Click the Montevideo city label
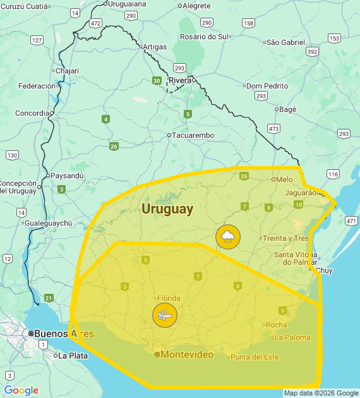tap(187, 355)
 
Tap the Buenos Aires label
tap(63, 334)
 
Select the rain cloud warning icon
tap(228, 236)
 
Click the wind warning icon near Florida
tap(165, 315)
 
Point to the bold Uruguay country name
tap(167, 209)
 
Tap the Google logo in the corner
tap(21, 390)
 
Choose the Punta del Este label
tap(255, 357)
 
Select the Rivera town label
tap(180, 80)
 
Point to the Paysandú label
tap(67, 176)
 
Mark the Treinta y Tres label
tap(286, 238)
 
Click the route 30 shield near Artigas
tap(157, 80)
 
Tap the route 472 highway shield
tap(95, 23)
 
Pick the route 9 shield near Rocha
tap(282, 310)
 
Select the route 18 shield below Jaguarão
tap(298, 205)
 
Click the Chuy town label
tap(324, 270)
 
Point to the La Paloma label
tap(292, 337)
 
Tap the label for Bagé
tap(287, 109)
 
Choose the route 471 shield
tap(351, 220)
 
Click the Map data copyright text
tap(321, 393)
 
